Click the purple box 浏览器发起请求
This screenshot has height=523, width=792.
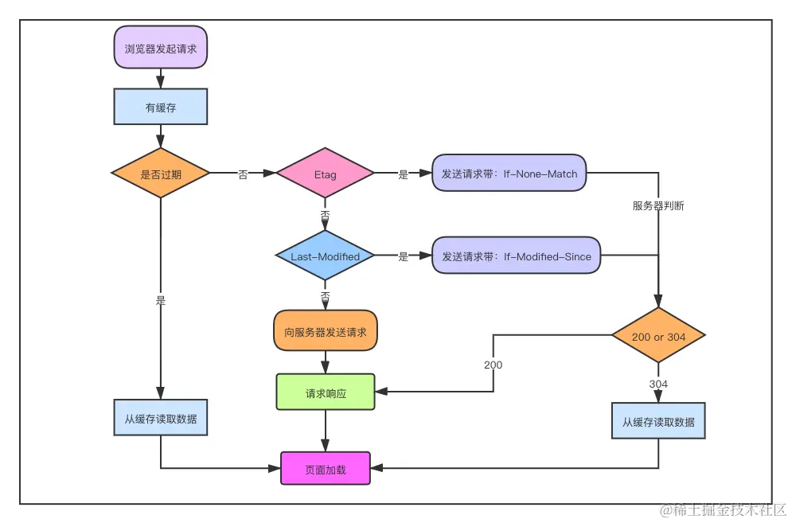(161, 48)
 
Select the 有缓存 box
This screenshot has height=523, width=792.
(161, 107)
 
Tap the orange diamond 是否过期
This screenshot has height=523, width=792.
(161, 174)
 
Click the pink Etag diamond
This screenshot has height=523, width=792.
(325, 174)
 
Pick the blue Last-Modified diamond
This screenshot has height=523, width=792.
(325, 256)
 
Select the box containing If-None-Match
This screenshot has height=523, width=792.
(509, 174)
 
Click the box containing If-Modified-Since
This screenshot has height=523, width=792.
(517, 256)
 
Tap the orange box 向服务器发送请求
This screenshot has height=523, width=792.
(326, 331)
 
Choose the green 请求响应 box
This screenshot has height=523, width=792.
(326, 392)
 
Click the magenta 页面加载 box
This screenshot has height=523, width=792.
(326, 469)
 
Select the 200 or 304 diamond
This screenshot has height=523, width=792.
(658, 337)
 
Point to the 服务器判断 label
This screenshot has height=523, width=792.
(658, 205)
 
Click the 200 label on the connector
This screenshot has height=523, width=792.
(493, 365)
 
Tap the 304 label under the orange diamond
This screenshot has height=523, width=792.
(658, 384)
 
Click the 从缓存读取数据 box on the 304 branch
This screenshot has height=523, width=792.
(658, 421)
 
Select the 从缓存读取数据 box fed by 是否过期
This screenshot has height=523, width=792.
(161, 418)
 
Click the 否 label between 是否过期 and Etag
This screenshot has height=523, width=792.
(243, 174)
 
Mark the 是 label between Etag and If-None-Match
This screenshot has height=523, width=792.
(403, 174)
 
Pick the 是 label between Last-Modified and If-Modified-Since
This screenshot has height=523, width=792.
(403, 256)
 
